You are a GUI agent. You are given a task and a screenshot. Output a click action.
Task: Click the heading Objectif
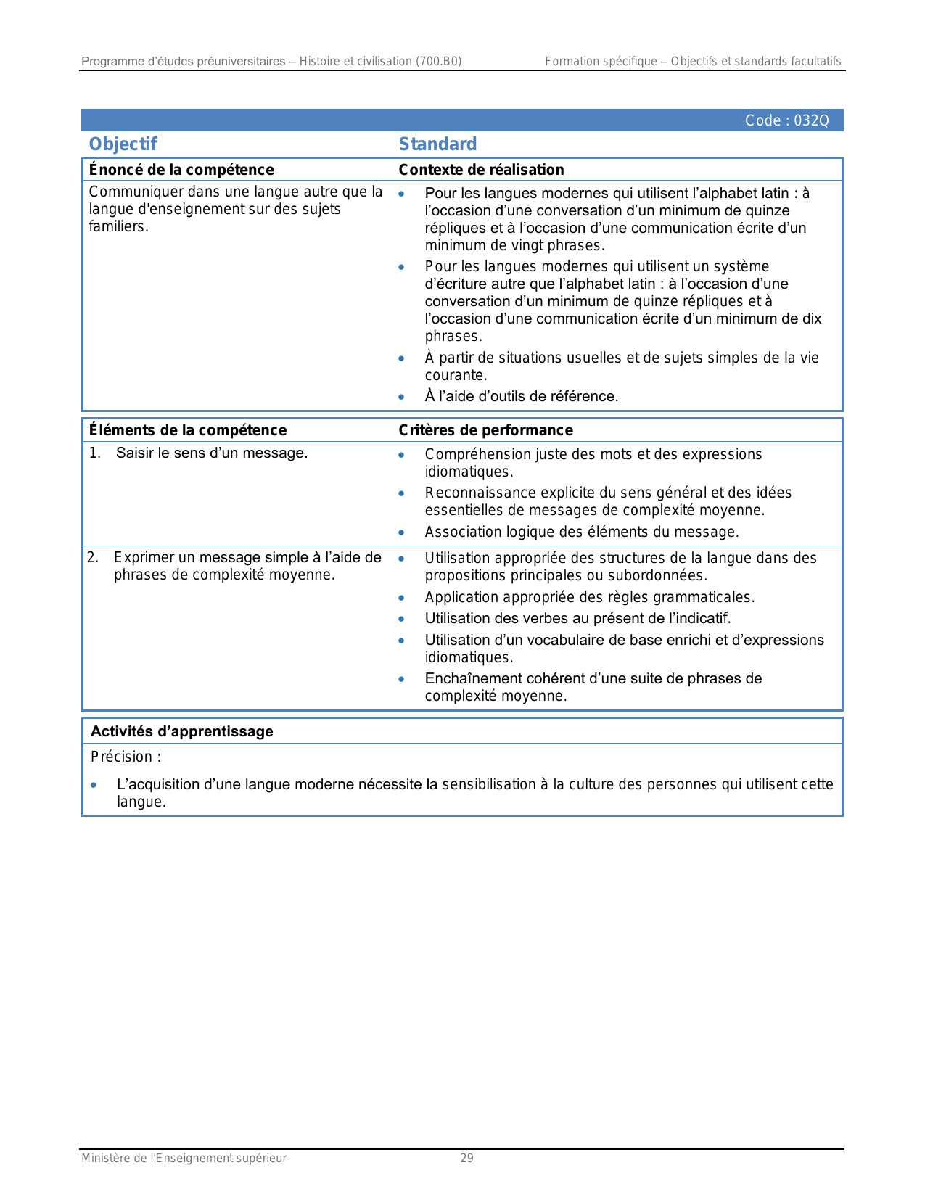[123, 144]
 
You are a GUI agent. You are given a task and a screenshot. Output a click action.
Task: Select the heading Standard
[437, 144]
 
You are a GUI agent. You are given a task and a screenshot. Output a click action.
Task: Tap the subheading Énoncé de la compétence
[181, 170]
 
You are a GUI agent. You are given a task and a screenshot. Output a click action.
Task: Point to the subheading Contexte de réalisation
[481, 170]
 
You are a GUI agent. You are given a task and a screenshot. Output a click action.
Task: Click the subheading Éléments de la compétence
[188, 430]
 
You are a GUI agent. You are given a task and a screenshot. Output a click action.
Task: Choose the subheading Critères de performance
[485, 430]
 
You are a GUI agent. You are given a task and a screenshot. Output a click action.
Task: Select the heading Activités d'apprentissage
[182, 731]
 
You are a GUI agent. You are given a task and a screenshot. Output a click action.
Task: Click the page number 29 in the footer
[467, 1159]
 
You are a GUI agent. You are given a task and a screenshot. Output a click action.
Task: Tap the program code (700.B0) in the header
[438, 62]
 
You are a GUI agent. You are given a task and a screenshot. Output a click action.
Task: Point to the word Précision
[121, 757]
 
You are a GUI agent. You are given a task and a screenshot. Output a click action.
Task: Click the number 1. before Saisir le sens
[95, 453]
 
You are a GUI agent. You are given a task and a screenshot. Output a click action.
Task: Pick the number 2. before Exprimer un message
[93, 558]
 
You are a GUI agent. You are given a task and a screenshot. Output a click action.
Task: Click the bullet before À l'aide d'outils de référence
[401, 397]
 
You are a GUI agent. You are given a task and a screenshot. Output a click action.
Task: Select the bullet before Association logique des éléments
[401, 532]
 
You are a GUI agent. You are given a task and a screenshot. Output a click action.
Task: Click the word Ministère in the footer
[104, 1159]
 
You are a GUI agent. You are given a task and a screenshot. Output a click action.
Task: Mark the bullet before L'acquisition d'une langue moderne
[94, 785]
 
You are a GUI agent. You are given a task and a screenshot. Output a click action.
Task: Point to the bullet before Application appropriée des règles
[401, 598]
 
